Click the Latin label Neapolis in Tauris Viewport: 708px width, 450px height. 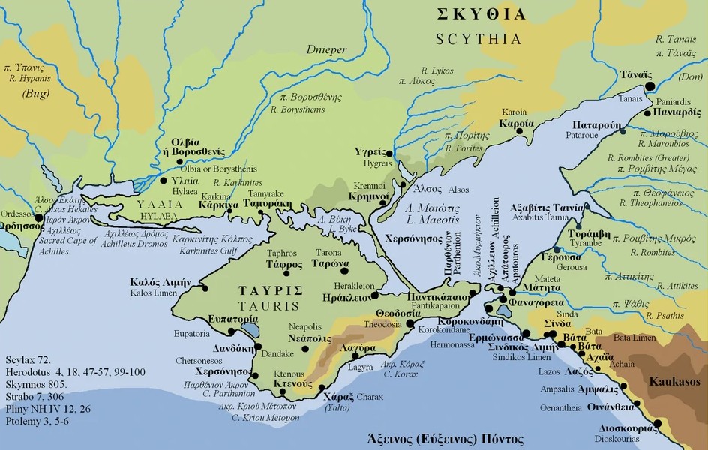[307, 327]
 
